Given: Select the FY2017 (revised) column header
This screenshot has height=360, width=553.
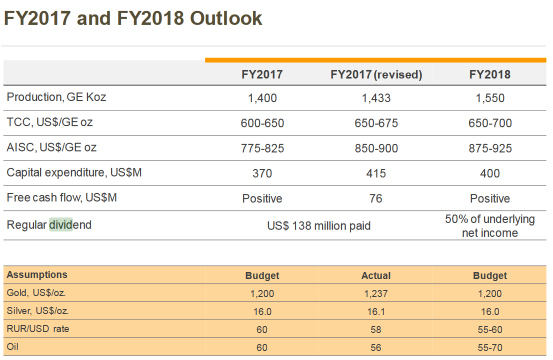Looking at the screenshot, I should coord(376,74).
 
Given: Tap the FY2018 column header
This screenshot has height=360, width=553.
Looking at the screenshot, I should coord(489,74).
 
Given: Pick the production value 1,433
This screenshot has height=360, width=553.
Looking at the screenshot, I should coord(376,98).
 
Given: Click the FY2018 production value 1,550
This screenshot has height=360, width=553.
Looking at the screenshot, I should coord(490,98).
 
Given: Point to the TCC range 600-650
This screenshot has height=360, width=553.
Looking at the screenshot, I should coord(262,123).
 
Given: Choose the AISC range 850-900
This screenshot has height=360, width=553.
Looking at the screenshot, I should coord(376,148).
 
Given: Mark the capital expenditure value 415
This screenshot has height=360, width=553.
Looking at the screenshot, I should coord(376,173).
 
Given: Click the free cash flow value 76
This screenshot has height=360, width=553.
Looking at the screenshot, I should coord(376,198).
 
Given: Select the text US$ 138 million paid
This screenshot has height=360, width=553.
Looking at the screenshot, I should coord(319,226).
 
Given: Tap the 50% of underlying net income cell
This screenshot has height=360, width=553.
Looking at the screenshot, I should coord(489,226).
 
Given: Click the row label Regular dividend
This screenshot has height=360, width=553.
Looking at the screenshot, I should coord(49,225).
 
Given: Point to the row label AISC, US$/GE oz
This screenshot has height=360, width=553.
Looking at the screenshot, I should coord(51,147).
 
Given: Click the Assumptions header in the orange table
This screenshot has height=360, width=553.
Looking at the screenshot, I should coord(37,274).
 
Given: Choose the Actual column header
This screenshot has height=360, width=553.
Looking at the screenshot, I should coord(376,275).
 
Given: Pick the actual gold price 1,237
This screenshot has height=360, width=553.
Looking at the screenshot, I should coord(376,293).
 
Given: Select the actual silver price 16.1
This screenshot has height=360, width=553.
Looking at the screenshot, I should coord(376,311).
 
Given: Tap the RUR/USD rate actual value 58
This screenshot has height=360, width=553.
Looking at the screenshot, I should coord(376,329).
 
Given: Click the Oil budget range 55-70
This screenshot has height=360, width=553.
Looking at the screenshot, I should coord(490,347).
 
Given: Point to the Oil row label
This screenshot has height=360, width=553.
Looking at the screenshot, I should coord(12,346).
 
